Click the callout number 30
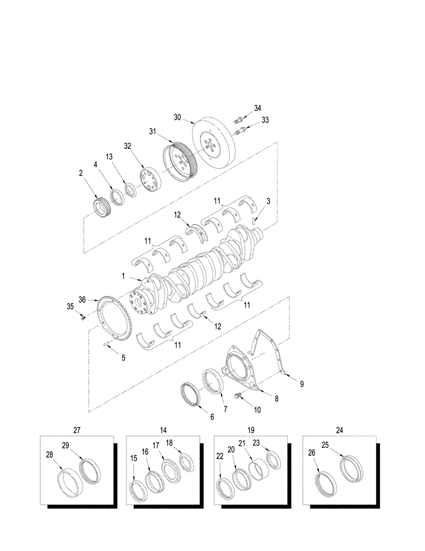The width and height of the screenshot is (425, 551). [x=177, y=117]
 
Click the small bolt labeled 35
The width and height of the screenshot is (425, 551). [x=83, y=317]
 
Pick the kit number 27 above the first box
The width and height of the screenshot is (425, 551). [x=77, y=429]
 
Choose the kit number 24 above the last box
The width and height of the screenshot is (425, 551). [x=340, y=429]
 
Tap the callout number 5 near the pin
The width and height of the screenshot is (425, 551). [x=123, y=357]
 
